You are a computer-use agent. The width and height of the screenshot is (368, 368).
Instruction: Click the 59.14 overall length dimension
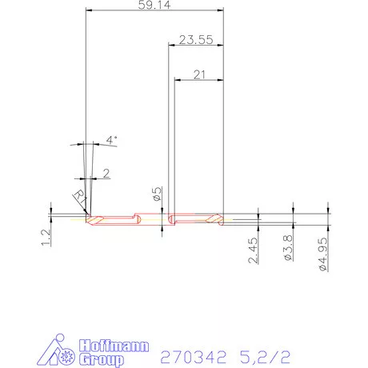[154, 6]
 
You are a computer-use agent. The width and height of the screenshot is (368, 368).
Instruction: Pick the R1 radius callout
[78, 195]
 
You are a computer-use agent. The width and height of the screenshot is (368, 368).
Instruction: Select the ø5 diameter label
[158, 194]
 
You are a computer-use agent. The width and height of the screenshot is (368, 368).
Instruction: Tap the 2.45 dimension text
[253, 250]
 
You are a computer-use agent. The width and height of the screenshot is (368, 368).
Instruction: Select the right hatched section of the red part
[214, 219]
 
